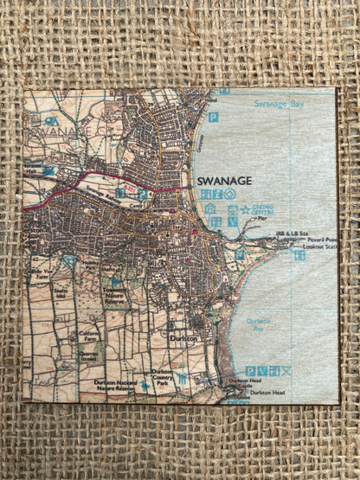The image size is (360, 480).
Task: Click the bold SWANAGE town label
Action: pos(224,180)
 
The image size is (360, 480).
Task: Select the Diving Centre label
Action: pos(266,208)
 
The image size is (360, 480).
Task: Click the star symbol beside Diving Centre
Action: pos(245,208)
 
